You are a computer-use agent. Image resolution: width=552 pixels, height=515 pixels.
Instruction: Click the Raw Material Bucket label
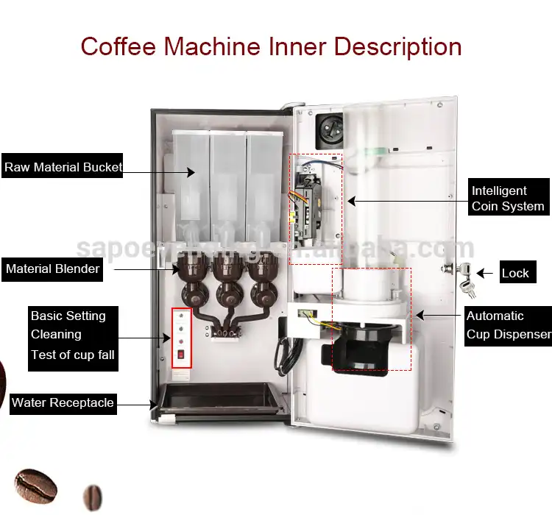point(63,167)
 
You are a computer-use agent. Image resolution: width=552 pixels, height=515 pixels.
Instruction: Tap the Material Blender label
point(52,269)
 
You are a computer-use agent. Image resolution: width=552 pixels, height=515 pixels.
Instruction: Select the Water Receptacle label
point(63,402)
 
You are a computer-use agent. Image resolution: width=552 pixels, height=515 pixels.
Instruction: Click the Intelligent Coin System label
point(508,198)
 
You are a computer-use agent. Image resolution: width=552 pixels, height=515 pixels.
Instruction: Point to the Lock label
point(515,273)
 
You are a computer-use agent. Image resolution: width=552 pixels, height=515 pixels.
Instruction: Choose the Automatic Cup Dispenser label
point(508,325)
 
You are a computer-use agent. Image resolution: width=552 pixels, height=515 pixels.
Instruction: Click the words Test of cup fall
point(73,355)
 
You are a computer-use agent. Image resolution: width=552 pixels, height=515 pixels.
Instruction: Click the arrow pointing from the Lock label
point(486,273)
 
